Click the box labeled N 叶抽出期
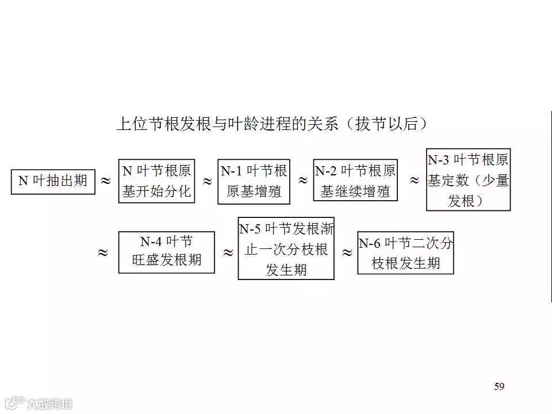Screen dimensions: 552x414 53,181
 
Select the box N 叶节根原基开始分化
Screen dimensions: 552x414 156,181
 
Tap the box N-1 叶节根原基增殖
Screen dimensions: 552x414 254,181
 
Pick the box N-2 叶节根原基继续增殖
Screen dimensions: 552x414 355,181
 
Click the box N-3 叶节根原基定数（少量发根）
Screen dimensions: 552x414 468,180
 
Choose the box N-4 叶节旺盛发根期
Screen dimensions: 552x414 166,252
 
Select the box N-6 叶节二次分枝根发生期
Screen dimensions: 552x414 405,253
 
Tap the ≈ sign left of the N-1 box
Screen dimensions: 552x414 207,181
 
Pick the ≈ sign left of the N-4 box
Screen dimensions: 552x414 103,252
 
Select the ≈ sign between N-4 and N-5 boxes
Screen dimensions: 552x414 228,252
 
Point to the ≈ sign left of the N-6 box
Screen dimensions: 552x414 347,252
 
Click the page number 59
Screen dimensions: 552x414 499,386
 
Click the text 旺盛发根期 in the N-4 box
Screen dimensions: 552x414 167,260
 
